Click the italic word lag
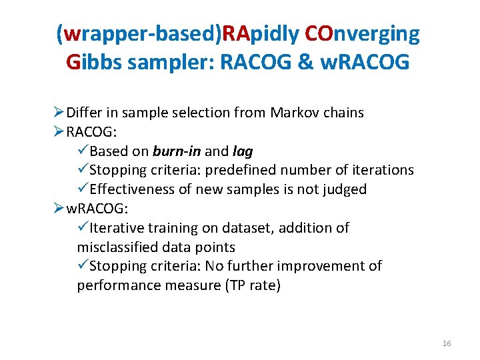[x=243, y=151]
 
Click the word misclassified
[x=117, y=247]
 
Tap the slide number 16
[x=447, y=343]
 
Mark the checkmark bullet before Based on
[x=83, y=151]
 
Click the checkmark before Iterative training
[x=83, y=228]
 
